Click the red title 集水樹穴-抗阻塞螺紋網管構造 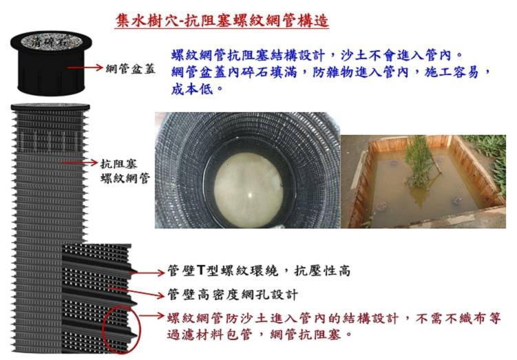[x=222, y=21]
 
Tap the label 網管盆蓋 [x=131, y=69]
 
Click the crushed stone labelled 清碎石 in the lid [x=51, y=42]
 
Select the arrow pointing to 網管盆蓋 [x=85, y=67]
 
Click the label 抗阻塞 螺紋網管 [x=125, y=171]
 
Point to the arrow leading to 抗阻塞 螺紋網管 [x=80, y=162]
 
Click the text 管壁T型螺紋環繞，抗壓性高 [x=259, y=271]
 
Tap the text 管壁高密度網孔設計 [x=233, y=294]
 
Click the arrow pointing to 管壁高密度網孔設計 [x=136, y=291]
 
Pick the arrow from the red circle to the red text [x=151, y=315]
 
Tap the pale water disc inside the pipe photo [x=249, y=190]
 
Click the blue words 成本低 [x=191, y=89]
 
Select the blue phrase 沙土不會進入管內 [x=395, y=55]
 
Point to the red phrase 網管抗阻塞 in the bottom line [x=305, y=335]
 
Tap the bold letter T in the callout [x=201, y=271]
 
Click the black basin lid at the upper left [x=51, y=63]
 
